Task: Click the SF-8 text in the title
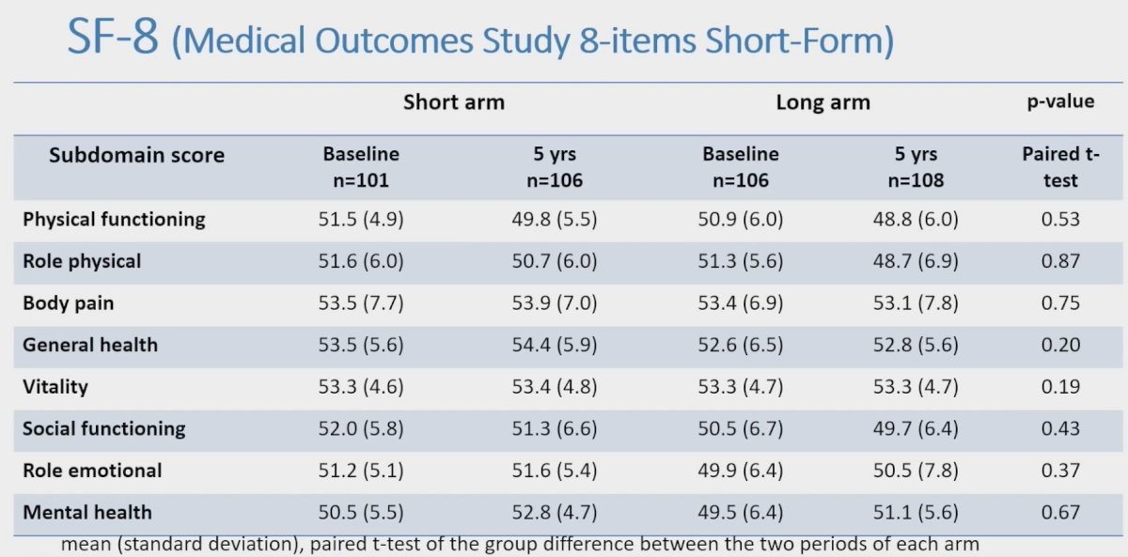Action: pos(113,37)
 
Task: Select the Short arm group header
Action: pos(454,102)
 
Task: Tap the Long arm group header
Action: pos(822,102)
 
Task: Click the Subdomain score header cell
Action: pos(136,155)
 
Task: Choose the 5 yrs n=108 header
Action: pos(916,167)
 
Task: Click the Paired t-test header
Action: pos(1060,167)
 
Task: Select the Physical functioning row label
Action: pos(114,220)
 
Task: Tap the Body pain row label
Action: pos(68,303)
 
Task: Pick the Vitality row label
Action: pos(55,387)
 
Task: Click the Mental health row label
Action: pos(87,512)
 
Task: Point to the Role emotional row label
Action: pos(92,471)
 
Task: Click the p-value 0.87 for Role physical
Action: pos(1060,261)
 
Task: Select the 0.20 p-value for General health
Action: pos(1060,345)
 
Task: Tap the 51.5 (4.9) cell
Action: pos(361,220)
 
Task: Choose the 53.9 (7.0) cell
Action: pos(555,302)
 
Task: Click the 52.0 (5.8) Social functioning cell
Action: pos(361,428)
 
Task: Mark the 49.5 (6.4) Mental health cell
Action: pos(741,512)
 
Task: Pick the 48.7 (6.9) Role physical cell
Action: pos(916,261)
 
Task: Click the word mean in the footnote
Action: pos(86,545)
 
